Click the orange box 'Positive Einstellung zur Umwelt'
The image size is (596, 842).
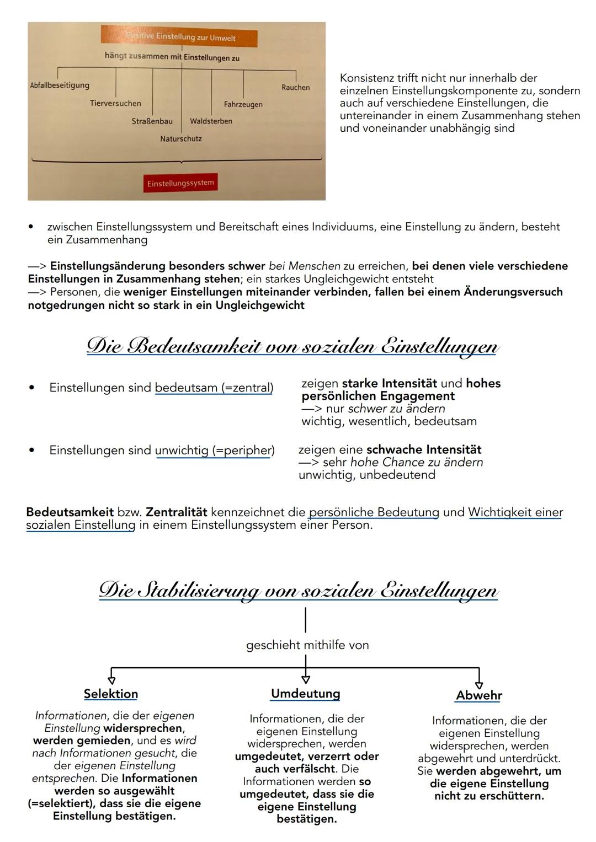pyautogui.click(x=179, y=37)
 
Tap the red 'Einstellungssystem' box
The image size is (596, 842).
pyautogui.click(x=180, y=183)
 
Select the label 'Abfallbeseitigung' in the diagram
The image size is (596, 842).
pyautogui.click(x=60, y=85)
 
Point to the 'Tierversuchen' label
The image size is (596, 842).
pyautogui.click(x=115, y=103)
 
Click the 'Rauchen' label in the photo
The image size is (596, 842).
pyautogui.click(x=295, y=87)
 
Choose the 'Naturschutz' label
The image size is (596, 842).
pyautogui.click(x=181, y=139)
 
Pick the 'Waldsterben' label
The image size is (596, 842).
pyautogui.click(x=211, y=121)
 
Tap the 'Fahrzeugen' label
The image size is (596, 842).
pyautogui.click(x=243, y=104)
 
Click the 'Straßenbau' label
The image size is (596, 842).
pyautogui.click(x=152, y=121)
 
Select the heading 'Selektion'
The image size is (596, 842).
pyautogui.click(x=111, y=694)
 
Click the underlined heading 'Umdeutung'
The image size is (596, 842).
pyautogui.click(x=305, y=694)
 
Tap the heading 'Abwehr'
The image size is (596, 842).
pyautogui.click(x=479, y=696)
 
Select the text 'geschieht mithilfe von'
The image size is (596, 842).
pyautogui.click(x=307, y=645)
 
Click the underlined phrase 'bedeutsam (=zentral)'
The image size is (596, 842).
pyautogui.click(x=214, y=388)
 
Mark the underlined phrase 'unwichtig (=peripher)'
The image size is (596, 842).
pyautogui.click(x=215, y=451)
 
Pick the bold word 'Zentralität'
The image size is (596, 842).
pyautogui.click(x=177, y=512)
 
